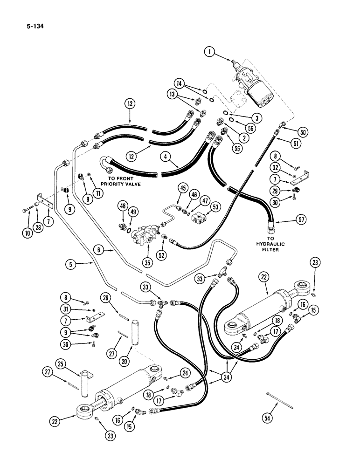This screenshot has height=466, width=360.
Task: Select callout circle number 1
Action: pyautogui.click(x=211, y=53)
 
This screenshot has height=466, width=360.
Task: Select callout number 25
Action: pyautogui.click(x=61, y=363)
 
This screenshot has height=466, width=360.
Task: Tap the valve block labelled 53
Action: pyautogui.click(x=202, y=217)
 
